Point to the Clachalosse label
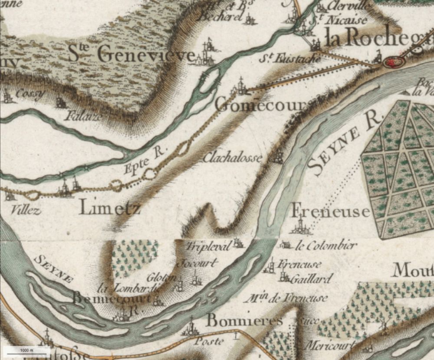(x=233, y=158)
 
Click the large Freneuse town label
(x=330, y=211)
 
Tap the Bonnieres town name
(x=245, y=321)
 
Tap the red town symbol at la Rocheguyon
(x=394, y=62)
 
